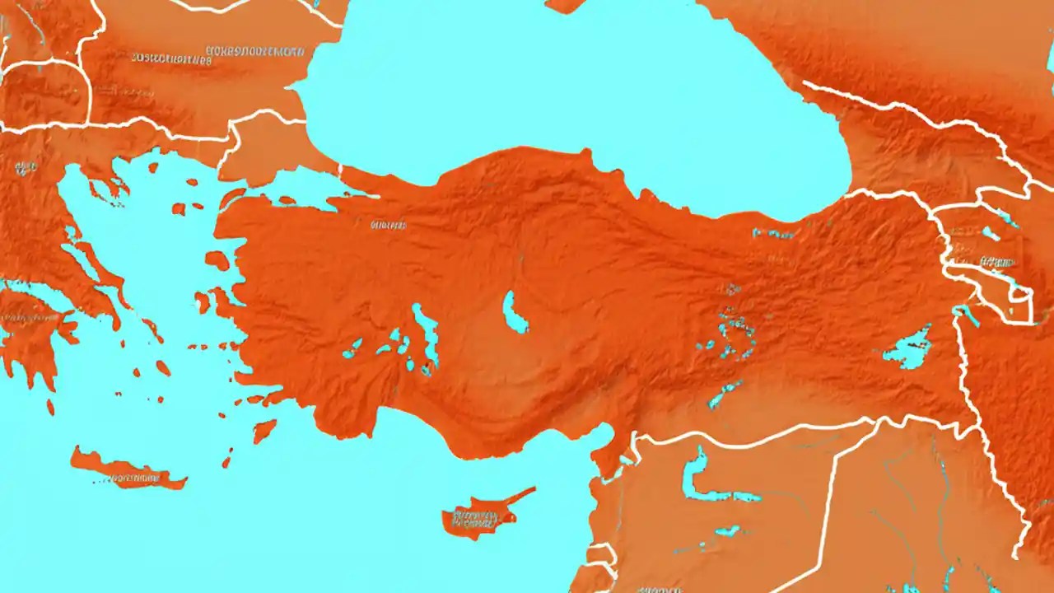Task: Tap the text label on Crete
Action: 132,477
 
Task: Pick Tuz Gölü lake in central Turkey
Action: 515,313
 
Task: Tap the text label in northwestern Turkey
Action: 388,224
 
